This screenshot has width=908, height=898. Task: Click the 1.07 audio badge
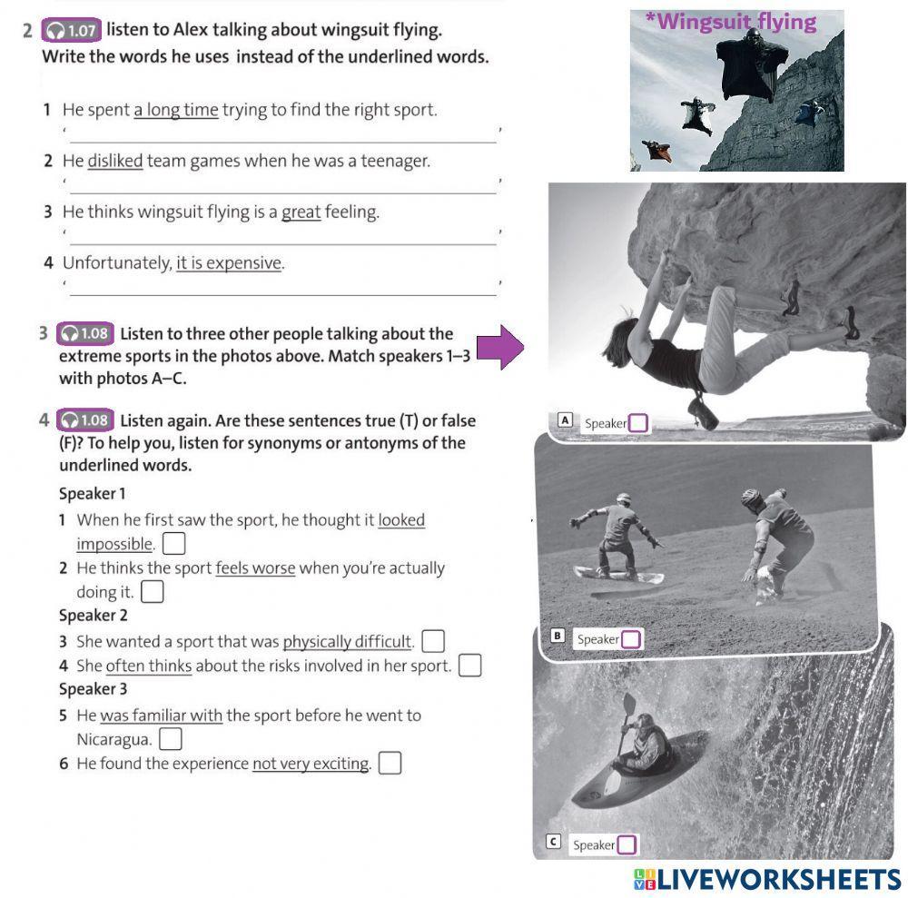[71, 30]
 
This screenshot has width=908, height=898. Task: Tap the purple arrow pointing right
[500, 347]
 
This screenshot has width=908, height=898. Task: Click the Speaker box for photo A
[637, 423]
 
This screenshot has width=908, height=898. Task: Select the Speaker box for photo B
[631, 639]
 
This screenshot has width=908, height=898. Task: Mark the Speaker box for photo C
[627, 844]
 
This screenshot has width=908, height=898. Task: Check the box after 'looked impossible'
[173, 544]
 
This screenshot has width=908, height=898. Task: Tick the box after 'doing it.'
[153, 592]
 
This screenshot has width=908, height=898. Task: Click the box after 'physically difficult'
[433, 641]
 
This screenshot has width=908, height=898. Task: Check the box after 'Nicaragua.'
[171, 739]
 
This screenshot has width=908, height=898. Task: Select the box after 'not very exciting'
[390, 763]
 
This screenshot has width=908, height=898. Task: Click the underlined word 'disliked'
[115, 161]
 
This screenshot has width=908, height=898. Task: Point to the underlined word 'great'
[301, 212]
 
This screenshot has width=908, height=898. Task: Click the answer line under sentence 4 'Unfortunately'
[283, 295]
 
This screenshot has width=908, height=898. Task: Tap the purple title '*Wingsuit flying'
[731, 22]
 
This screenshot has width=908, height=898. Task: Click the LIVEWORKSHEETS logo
[767, 880]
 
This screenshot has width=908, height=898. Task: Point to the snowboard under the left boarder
[617, 575]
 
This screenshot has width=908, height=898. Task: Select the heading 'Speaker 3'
[93, 689]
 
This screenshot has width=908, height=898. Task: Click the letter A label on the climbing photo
[565, 419]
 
